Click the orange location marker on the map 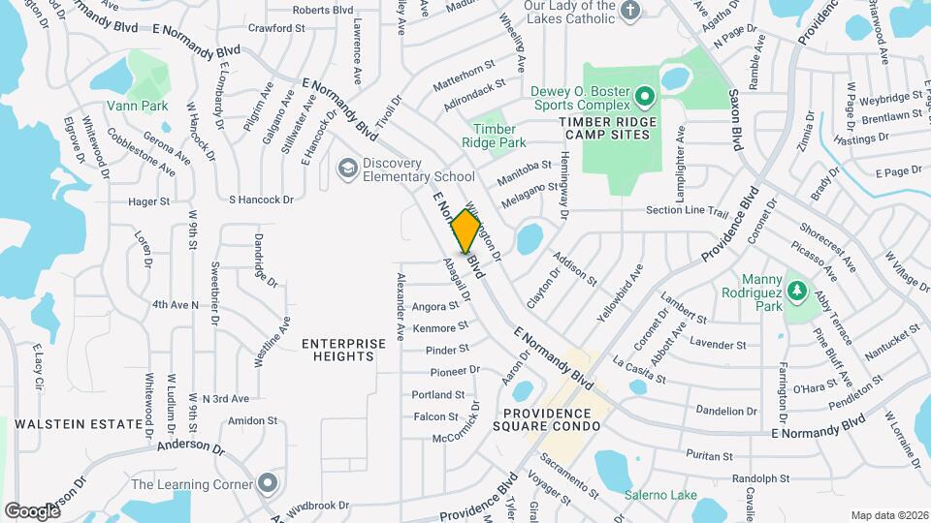coord(465,231)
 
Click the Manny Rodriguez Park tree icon coord(796,290)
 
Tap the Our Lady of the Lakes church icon coord(630,12)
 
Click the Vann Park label coord(138,106)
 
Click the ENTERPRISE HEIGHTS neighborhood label coord(337,350)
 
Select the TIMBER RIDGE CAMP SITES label coord(608,130)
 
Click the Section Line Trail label coord(687,210)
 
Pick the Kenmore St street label coord(440,327)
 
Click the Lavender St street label coord(711,344)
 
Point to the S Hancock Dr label coord(261,200)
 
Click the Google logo coord(32,510)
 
